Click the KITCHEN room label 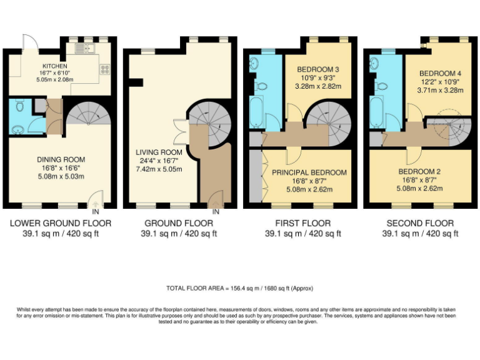[54, 66]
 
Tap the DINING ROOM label [61, 159]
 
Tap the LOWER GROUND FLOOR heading [61, 223]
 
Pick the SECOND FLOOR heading [420, 223]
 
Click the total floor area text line [239, 288]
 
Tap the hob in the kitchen [104, 71]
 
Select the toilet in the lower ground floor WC [21, 107]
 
